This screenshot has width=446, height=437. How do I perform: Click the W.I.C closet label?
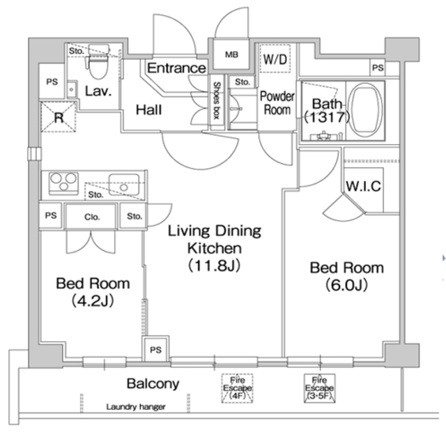362,186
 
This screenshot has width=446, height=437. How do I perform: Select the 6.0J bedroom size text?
346,285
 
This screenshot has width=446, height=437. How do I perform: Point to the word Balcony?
153,383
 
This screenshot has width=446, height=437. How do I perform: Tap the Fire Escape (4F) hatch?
236,389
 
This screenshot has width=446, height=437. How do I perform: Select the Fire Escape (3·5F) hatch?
319,388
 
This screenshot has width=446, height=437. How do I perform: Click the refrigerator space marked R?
59,117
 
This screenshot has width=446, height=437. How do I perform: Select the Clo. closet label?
92,217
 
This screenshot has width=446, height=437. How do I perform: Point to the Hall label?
149,109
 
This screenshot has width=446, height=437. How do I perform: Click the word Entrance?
176,68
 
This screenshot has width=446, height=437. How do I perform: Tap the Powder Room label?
277,102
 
